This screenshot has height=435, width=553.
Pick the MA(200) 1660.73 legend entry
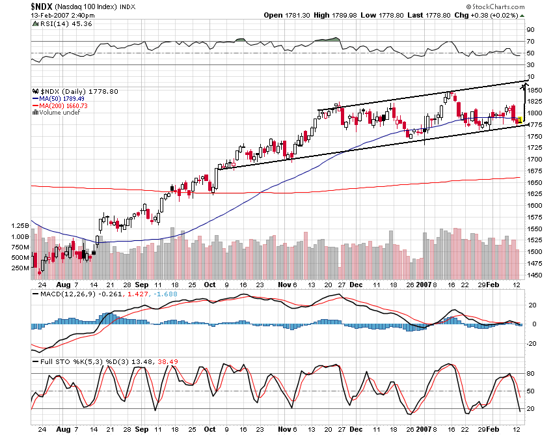click(63, 105)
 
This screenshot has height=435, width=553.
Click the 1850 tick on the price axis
click(535, 90)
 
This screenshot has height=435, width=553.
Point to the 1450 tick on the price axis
click(535, 275)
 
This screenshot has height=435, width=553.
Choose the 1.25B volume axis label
click(20, 225)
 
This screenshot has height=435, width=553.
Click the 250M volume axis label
click(20, 268)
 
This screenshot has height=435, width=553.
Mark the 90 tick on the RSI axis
click(531, 29)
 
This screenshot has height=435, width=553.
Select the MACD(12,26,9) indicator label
click(57, 294)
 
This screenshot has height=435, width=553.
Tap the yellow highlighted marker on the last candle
click(520, 120)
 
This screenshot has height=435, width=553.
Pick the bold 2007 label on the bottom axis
click(424, 284)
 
